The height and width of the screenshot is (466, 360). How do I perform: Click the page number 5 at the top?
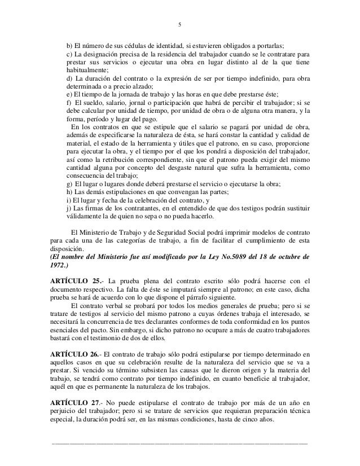[179, 25]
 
